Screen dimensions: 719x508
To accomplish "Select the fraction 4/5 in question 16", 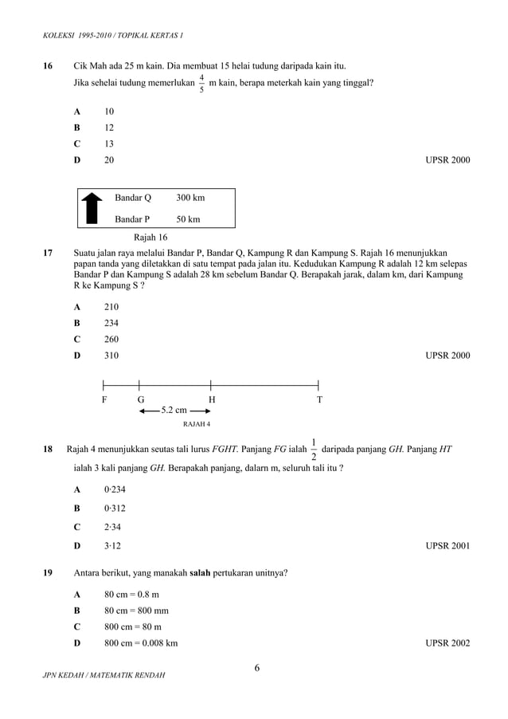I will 202,83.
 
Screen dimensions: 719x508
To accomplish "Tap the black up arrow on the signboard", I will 92,207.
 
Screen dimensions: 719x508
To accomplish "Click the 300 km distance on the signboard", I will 190,198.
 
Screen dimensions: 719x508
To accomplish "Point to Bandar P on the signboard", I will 132,219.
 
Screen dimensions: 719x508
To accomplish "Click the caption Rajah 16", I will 150,238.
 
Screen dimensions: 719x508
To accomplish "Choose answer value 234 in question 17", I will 112,323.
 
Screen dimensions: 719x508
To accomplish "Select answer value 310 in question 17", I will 112,356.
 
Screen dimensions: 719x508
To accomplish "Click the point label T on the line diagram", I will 319,399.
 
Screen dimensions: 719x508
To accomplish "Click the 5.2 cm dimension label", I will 174,411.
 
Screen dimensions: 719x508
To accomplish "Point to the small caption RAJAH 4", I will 197,424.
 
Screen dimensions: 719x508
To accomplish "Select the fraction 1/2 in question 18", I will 314,449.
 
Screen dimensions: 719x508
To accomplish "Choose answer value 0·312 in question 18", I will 115,508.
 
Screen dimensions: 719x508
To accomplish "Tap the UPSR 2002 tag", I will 447,642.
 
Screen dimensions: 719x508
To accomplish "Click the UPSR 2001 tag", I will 447,546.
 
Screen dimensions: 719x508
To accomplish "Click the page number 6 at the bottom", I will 257,668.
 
